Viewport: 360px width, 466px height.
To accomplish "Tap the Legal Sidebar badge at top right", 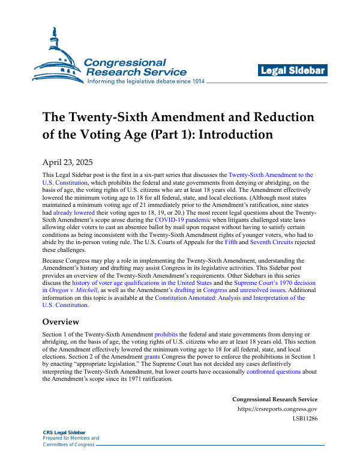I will (293, 71).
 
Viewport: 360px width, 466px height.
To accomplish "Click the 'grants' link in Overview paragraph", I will (152, 356).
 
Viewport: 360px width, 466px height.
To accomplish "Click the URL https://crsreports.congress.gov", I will (277, 410).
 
